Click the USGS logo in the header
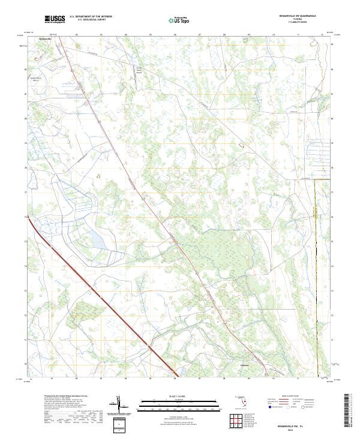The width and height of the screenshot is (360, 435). pyautogui.click(x=55, y=20)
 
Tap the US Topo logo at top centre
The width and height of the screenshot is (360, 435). pyautogui.click(x=173, y=20)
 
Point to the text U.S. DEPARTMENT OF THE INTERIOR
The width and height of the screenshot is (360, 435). pyautogui.click(x=91, y=17)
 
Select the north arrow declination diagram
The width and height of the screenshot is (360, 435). pyautogui.click(x=119, y=407)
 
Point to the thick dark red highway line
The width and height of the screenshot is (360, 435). pyautogui.click(x=102, y=301)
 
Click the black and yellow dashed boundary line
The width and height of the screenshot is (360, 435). pyautogui.click(x=316, y=270)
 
